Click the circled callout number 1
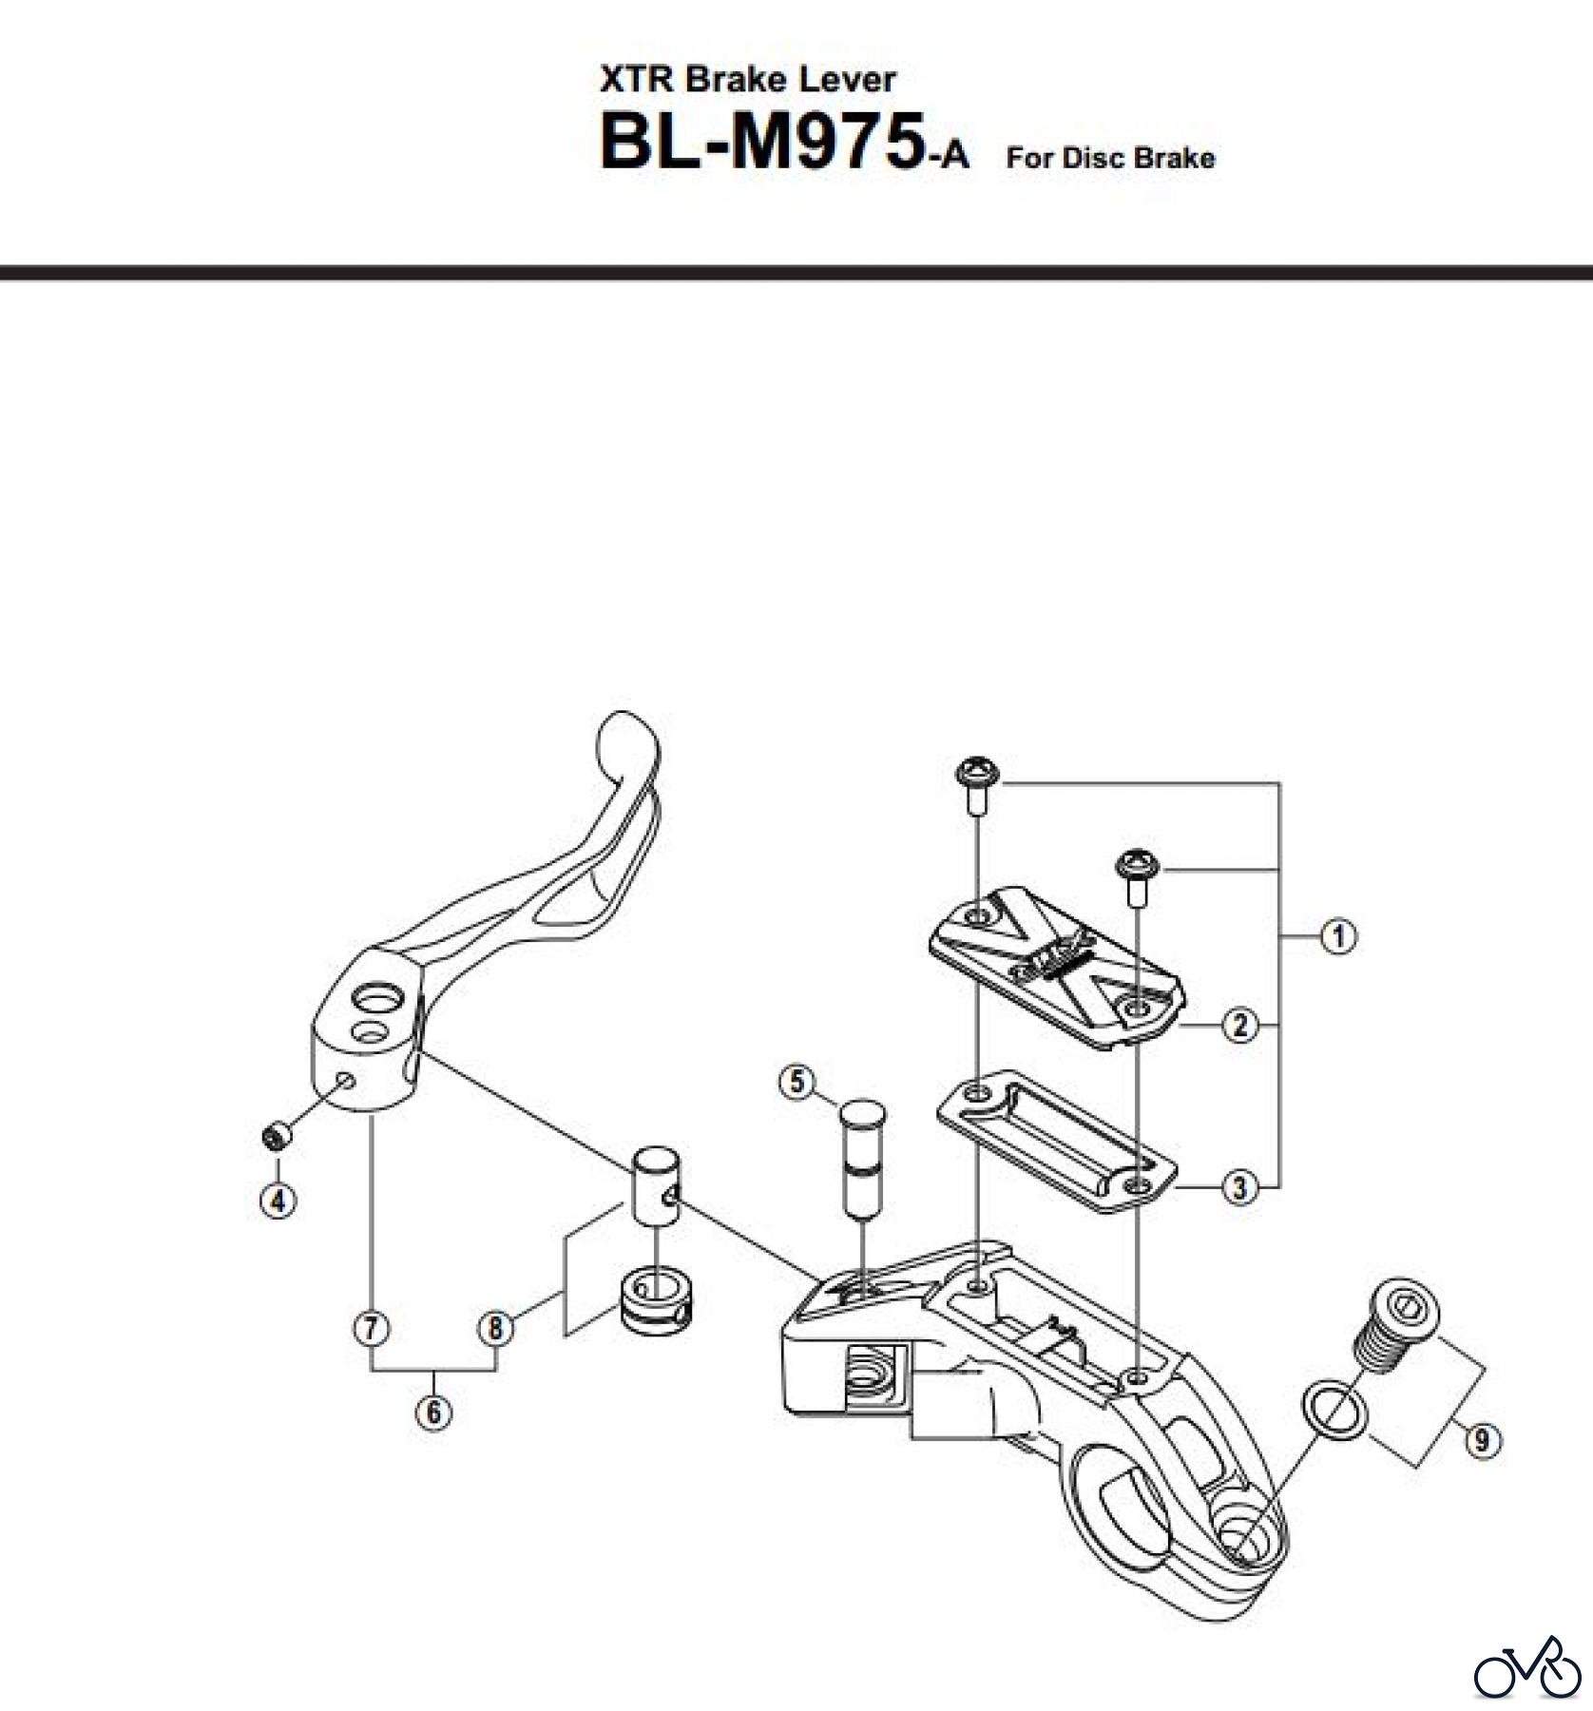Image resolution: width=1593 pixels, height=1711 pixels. pyautogui.click(x=1338, y=936)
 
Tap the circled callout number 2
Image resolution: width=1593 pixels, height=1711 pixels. pyautogui.click(x=1239, y=1026)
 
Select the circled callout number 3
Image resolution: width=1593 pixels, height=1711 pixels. pyautogui.click(x=1239, y=1187)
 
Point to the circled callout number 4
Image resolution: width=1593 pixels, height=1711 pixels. pyautogui.click(x=278, y=1201)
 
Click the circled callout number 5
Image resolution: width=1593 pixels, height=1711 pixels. pyautogui.click(x=796, y=1082)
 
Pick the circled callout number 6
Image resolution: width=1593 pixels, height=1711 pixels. pyautogui.click(x=433, y=1413)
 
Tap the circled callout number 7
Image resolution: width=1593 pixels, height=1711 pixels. pyautogui.click(x=372, y=1328)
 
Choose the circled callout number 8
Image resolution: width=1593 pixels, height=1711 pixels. pyautogui.click(x=495, y=1328)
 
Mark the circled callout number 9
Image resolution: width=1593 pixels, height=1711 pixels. pyautogui.click(x=1482, y=1442)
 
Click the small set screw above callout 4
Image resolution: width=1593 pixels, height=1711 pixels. pyautogui.click(x=276, y=1136)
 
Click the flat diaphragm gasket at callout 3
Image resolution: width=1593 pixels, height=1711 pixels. pyautogui.click(x=1056, y=1141)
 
